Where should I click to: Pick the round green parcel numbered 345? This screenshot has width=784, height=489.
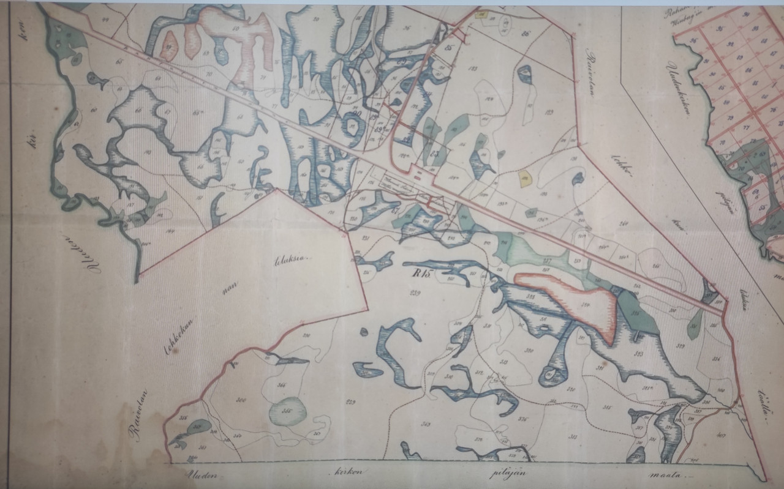[287, 411]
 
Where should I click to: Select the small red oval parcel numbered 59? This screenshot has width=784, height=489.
[169, 46]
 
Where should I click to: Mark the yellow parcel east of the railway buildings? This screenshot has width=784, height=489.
[525, 179]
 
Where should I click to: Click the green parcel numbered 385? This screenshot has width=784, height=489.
[635, 312]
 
